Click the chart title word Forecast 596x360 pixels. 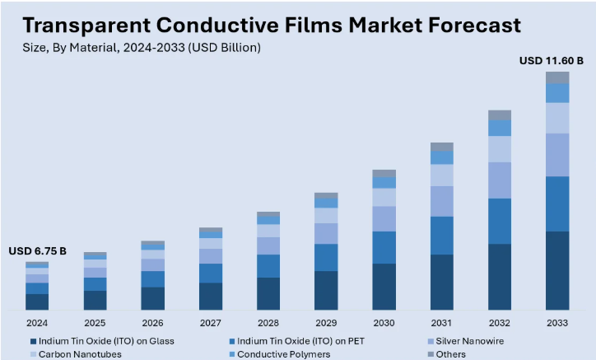coord(463,25)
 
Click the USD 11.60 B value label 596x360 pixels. coord(551,60)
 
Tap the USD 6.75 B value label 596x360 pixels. coord(37,251)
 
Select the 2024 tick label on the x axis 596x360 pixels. coord(37,322)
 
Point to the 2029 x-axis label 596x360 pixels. coord(326,322)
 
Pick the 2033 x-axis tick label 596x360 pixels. coord(557,322)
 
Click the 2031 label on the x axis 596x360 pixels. coord(442,322)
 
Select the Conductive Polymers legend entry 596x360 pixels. coord(283,354)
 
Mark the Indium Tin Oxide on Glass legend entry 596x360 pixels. coord(106,340)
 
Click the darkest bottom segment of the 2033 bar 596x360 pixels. coord(557,270)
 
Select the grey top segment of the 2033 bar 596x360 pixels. coord(557,77)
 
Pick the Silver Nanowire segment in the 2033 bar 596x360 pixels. coord(557,155)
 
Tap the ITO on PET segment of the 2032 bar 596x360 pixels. coord(500,221)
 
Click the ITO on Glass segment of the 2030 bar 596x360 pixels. coord(384,286)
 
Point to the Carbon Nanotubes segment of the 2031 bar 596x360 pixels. coord(442,175)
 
